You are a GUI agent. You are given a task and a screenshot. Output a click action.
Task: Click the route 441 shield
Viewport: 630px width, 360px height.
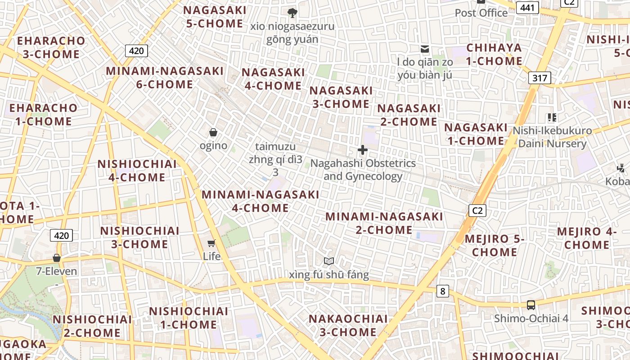tap(527, 7)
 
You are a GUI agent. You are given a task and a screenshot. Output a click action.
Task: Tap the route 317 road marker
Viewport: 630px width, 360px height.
tap(540, 78)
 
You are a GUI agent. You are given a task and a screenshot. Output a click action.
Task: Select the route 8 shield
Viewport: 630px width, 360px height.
tap(443, 291)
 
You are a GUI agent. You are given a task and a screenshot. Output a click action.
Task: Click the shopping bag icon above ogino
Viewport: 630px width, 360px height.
tap(213, 132)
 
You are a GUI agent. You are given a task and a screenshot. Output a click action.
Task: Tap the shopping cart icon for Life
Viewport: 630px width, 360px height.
tap(211, 243)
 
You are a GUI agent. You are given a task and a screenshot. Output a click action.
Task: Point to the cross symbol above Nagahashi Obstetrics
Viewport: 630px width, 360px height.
tap(363, 150)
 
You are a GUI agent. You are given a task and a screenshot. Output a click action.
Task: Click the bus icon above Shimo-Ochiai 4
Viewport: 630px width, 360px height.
tap(531, 305)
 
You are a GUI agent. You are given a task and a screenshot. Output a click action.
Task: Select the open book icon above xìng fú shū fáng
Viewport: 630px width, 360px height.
tap(329, 261)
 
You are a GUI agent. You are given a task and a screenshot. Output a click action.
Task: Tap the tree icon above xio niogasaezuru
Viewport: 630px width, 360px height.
tap(292, 13)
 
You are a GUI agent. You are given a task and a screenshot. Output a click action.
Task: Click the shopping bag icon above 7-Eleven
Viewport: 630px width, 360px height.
tap(57, 258)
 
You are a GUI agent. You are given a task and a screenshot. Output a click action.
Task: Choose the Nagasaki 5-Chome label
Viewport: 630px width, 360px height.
tap(215, 17)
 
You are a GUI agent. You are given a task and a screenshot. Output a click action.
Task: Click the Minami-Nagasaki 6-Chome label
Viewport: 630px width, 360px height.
tap(165, 77)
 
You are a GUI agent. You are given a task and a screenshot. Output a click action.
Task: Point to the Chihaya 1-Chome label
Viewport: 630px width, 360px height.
tap(494, 54)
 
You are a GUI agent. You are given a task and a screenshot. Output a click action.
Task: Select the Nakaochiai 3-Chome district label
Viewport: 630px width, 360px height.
tap(348, 325)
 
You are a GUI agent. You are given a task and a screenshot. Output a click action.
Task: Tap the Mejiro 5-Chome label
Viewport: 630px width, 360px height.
tap(495, 245)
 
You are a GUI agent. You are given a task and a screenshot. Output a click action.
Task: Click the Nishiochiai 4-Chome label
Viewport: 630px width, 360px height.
tap(137, 171)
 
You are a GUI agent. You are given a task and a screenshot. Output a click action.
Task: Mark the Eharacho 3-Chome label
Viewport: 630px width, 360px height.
tap(51, 47)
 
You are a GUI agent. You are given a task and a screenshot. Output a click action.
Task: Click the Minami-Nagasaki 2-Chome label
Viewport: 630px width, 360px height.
tap(384, 223)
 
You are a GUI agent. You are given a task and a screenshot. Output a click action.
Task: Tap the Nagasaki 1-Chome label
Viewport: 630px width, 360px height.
tap(476, 134)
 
